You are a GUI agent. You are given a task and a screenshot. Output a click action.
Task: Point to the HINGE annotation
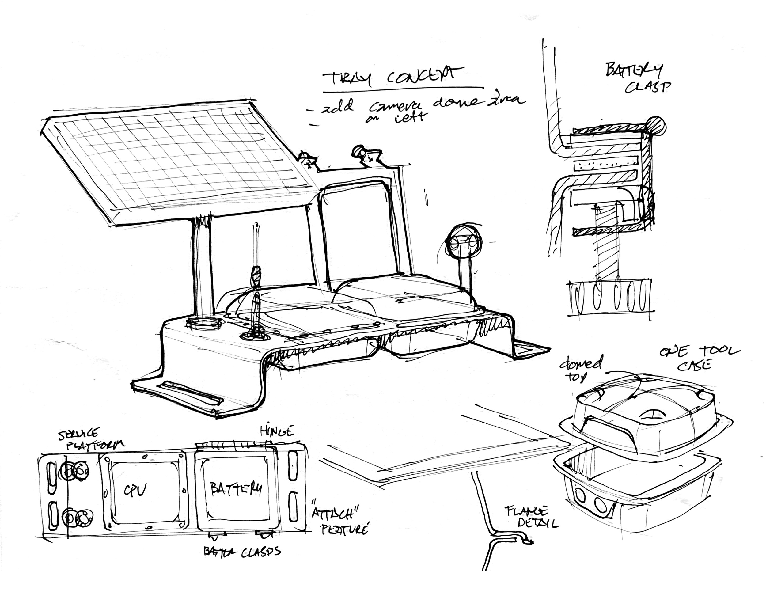[x=276, y=431]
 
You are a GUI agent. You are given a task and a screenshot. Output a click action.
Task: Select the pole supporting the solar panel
[x=202, y=267]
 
